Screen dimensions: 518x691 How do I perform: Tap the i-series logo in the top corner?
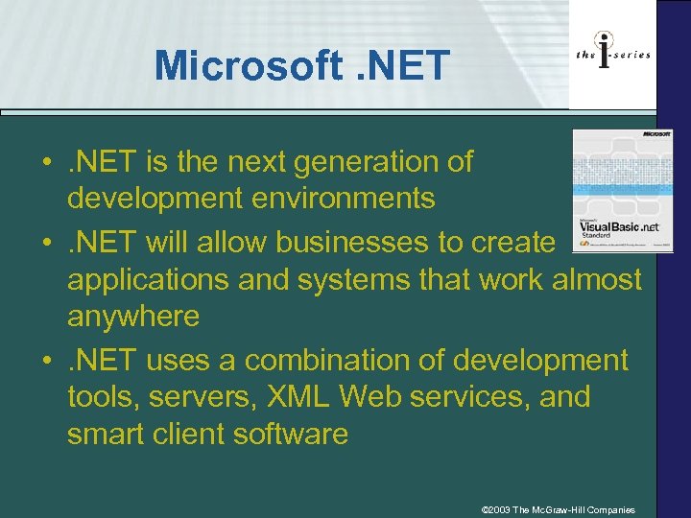[x=613, y=54]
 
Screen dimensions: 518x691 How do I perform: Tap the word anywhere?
[x=132, y=316]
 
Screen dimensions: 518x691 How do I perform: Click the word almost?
[x=595, y=279]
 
